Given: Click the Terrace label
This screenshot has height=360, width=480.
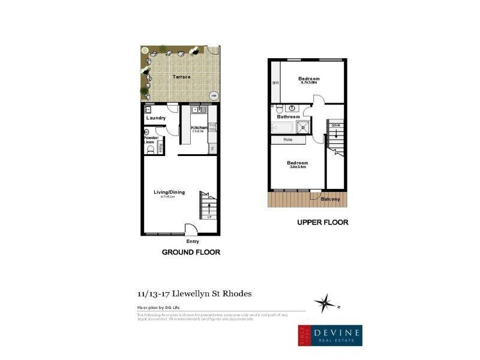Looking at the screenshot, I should coord(181,77).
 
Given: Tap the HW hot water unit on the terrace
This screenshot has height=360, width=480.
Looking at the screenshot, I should coord(212,95).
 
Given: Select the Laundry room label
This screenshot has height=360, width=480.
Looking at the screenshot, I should coord(155,118).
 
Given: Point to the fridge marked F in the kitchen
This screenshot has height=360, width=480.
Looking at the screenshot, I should coord(212,148).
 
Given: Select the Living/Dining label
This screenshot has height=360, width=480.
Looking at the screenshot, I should coord(169,192).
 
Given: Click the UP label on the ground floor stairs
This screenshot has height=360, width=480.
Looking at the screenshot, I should coord(208,217).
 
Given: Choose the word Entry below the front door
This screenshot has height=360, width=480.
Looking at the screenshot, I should coord(193,241).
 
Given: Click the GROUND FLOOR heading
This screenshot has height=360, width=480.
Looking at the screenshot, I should coord(191,253).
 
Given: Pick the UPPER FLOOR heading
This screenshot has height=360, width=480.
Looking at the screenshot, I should coord(323,223).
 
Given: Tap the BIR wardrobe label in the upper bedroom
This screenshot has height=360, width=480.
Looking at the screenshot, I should coord(275,83).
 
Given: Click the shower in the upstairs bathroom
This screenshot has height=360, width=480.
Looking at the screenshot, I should coord(305,127).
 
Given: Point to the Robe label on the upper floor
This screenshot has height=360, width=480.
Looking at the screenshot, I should coord(287,140).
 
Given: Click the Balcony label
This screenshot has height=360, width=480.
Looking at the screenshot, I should coord(331,199).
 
